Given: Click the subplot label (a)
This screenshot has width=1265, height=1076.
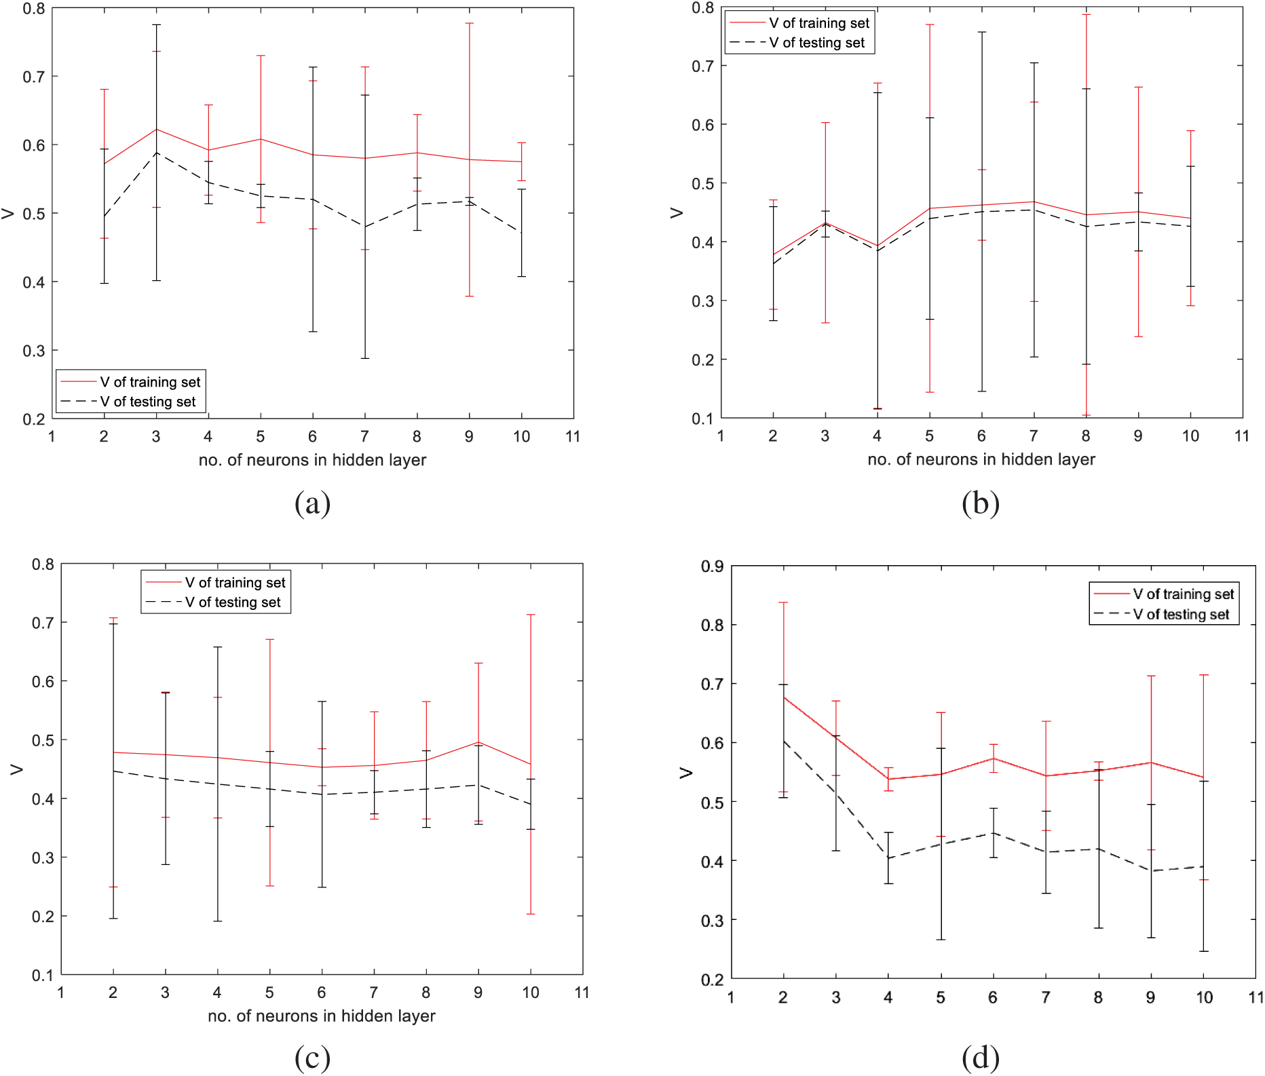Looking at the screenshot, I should click(312, 503).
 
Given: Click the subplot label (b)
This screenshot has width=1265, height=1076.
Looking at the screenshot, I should click(981, 503).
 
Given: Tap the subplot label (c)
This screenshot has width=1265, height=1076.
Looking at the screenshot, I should click(312, 1058).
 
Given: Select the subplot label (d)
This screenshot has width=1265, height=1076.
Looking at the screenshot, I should click(981, 1058).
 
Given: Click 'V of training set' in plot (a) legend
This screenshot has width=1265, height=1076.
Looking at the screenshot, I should click(150, 382).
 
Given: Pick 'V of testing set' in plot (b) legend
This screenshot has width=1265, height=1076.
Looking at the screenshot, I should click(816, 43).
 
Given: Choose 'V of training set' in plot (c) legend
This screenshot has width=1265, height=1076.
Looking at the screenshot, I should click(235, 583).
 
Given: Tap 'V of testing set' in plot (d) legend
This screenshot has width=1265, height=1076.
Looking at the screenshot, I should click(1181, 615).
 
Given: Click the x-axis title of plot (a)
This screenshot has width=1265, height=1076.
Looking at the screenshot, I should click(312, 460).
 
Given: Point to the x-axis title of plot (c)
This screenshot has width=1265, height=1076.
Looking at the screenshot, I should click(321, 1016).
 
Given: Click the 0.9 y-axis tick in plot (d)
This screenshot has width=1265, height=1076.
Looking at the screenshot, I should click(712, 566).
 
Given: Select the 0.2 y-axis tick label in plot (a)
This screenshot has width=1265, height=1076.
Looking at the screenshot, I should click(34, 419).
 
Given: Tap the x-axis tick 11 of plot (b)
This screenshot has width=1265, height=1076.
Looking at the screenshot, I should click(1242, 436).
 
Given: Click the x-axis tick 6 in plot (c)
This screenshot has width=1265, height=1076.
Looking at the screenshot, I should click(322, 993).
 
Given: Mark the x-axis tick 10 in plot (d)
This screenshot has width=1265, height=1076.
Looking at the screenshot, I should click(1204, 997).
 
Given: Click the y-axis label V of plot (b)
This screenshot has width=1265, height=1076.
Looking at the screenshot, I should click(677, 213).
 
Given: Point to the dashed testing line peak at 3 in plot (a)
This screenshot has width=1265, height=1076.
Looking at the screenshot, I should click(156, 153).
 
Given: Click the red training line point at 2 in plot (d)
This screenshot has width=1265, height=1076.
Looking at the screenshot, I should click(783, 697).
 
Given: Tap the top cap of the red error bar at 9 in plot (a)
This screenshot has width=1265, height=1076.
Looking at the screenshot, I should click(469, 23).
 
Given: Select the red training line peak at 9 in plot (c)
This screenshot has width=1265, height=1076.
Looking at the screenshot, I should click(478, 742).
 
